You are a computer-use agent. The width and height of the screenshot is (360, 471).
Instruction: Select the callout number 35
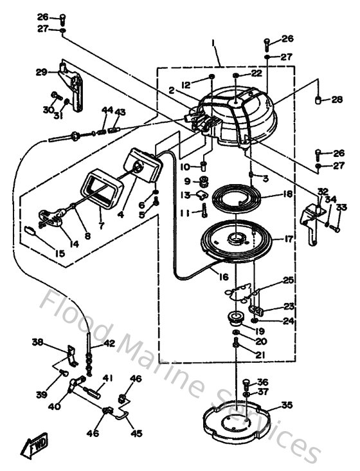pos(287,405)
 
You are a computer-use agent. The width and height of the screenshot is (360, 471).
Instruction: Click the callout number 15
pos(59,254)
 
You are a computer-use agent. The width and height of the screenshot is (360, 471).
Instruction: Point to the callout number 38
pos(38,342)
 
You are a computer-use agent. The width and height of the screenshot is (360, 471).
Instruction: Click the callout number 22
pos(257,73)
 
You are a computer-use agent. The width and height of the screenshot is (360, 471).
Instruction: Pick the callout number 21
pos(260,355)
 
